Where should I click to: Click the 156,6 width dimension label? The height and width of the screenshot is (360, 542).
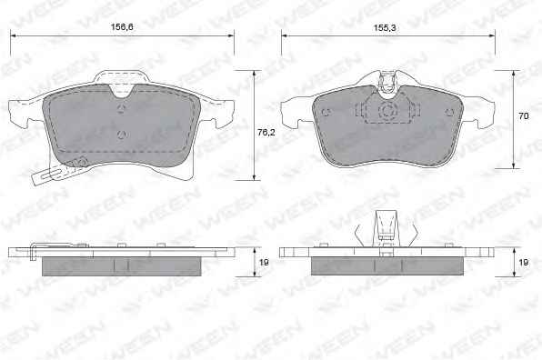122,26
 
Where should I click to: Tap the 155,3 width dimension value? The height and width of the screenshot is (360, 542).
385,27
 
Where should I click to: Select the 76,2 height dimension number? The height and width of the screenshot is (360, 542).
266,132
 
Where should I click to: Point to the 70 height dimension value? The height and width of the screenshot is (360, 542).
524,115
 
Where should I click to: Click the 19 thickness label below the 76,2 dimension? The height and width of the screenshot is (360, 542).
264,263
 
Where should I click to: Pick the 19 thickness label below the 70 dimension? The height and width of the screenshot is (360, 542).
524,263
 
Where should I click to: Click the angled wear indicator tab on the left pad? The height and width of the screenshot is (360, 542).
58,172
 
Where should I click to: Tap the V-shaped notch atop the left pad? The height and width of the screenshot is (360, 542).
122,91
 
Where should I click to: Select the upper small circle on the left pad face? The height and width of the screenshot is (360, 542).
121,109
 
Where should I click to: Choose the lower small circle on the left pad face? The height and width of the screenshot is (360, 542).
121,135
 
